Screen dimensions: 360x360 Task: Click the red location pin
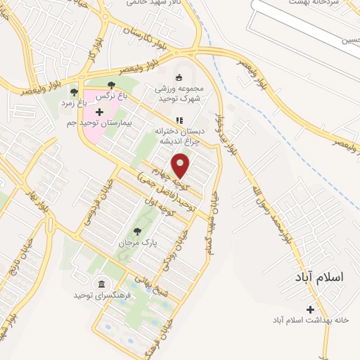[x=181, y=166]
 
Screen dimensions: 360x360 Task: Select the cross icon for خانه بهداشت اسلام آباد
[x=311, y=309]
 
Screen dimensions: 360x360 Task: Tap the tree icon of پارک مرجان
[x=137, y=231]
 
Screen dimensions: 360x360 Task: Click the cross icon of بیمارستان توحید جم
[x=99, y=112]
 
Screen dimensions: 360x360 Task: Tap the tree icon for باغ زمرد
[x=74, y=91]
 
